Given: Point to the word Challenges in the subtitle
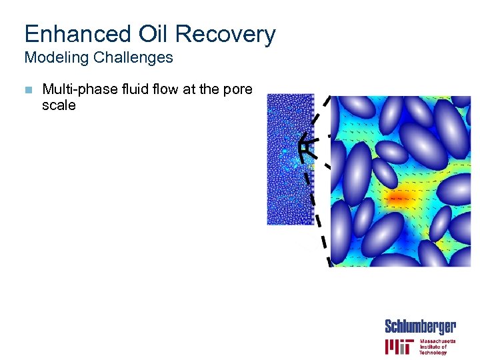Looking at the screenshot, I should pyautogui.click(x=133, y=58).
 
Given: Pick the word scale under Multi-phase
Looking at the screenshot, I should pyautogui.click(x=59, y=105).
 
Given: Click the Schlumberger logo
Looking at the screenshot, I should pyautogui.click(x=420, y=327).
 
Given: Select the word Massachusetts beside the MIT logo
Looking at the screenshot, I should pyautogui.click(x=437, y=341).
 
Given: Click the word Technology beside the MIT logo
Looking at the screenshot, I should pyautogui.click(x=433, y=353).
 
